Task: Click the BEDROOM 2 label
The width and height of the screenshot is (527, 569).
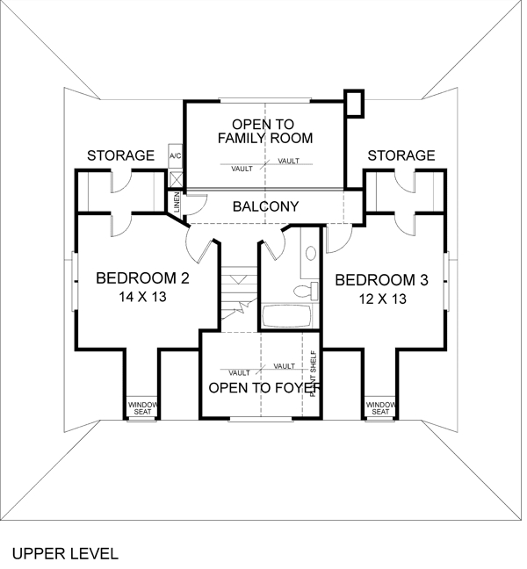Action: tap(142, 278)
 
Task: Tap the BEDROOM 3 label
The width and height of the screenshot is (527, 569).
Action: tap(381, 280)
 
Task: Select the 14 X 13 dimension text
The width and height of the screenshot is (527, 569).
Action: tap(142, 298)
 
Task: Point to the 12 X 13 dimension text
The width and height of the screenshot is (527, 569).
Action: tap(381, 299)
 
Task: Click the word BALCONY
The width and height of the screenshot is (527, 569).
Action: tap(265, 207)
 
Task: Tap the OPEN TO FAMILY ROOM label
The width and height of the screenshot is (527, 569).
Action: tap(264, 131)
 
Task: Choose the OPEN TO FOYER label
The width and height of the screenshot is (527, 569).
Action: tap(264, 387)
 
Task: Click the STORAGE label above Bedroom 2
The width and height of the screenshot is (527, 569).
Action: tap(120, 155)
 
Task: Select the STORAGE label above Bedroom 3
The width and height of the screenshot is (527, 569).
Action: tap(401, 155)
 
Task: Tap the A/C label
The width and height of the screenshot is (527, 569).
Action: tap(175, 156)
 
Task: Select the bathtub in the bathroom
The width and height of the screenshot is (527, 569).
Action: tap(288, 316)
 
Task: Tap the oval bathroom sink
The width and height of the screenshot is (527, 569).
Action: tap(311, 254)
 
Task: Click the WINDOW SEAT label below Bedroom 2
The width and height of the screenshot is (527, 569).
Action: tap(141, 408)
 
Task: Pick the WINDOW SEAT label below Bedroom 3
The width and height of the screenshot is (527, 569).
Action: tap(380, 408)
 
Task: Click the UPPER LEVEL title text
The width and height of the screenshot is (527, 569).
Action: tap(65, 554)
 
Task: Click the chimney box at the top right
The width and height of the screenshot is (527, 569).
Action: tap(353, 102)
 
